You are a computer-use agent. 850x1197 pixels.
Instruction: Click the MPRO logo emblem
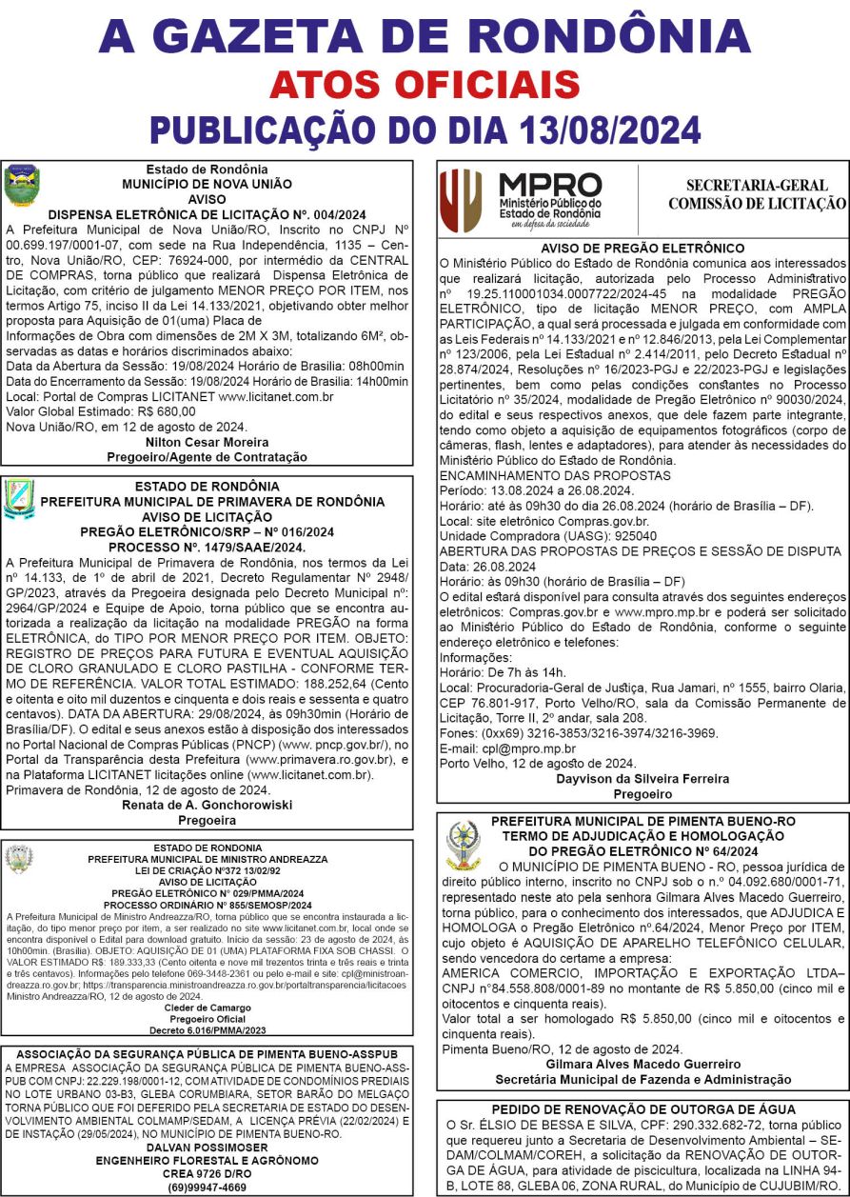[x=460, y=200]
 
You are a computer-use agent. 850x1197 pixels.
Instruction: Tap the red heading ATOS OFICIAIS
[x=425, y=86]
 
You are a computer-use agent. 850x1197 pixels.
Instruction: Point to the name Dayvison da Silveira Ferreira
[x=642, y=778]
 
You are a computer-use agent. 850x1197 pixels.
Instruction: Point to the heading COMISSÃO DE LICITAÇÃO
[x=757, y=203]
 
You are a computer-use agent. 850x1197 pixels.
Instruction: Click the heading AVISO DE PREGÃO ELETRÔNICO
[x=642, y=248]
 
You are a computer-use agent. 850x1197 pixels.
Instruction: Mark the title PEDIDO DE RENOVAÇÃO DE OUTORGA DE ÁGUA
[x=642, y=1109]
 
